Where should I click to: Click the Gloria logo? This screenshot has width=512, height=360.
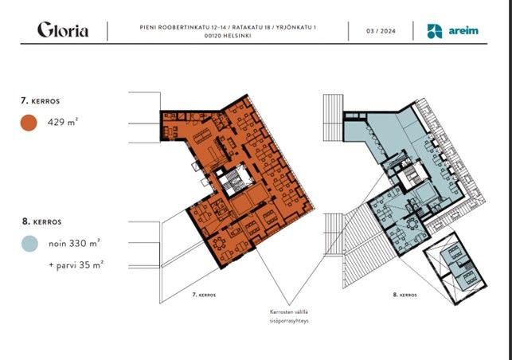point(63,29)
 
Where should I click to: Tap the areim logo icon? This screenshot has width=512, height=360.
point(435,31)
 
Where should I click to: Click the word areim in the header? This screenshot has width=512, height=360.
point(463,31)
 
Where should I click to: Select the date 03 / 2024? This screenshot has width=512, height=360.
point(381,31)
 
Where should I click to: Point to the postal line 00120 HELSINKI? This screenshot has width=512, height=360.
point(228,36)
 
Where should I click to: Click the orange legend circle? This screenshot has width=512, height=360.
point(29,123)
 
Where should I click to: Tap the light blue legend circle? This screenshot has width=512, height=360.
point(29,244)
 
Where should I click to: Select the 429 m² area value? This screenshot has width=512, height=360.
point(63,122)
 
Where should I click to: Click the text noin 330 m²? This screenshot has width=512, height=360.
point(74,244)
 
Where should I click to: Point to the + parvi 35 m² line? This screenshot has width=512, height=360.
point(76,264)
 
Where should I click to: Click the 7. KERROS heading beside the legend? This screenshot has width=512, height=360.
point(40,101)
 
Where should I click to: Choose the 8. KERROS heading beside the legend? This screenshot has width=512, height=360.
point(41,221)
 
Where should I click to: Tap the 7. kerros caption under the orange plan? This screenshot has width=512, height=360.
point(204,295)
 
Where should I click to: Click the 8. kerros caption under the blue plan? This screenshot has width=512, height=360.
point(405,295)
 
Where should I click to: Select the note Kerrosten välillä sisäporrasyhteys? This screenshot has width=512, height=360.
point(289,316)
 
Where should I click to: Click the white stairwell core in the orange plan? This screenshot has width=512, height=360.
point(233,181)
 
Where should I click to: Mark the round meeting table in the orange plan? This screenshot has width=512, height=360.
point(217,243)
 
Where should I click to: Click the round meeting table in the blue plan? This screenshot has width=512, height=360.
point(412,225)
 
